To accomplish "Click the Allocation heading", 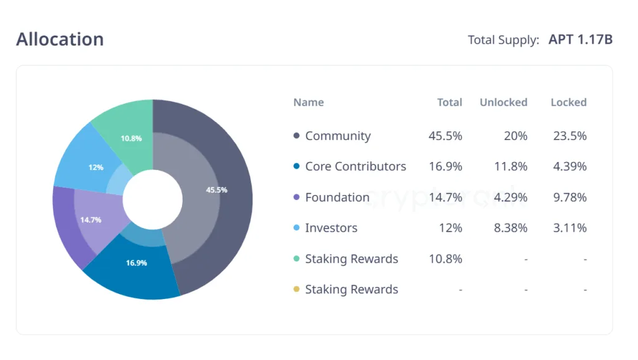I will pos(60,39).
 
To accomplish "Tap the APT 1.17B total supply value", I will pos(580,39).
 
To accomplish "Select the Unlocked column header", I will pos(503,102).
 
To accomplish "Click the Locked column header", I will pos(568,102).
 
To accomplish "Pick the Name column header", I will pos(308,102).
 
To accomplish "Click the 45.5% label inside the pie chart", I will pos(216,189).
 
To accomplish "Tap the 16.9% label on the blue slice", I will pos(136,263).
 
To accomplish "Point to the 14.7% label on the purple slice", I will pos(90,220).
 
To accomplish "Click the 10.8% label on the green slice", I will pos(131,138).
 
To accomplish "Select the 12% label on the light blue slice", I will pos(95,168).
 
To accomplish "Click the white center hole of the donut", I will pos(153,199).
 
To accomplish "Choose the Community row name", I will pos(338,136).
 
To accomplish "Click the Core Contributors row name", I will pos(355,166).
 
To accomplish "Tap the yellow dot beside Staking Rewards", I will pos(297,289).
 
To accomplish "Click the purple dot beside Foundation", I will pos(297,197).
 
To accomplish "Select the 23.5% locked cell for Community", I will pos(569,136).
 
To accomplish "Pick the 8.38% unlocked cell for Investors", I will pos(510,228).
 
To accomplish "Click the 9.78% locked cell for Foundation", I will pos(569,197).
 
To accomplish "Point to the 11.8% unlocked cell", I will pos(510,166).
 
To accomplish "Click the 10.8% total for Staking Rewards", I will pos(445,258).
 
